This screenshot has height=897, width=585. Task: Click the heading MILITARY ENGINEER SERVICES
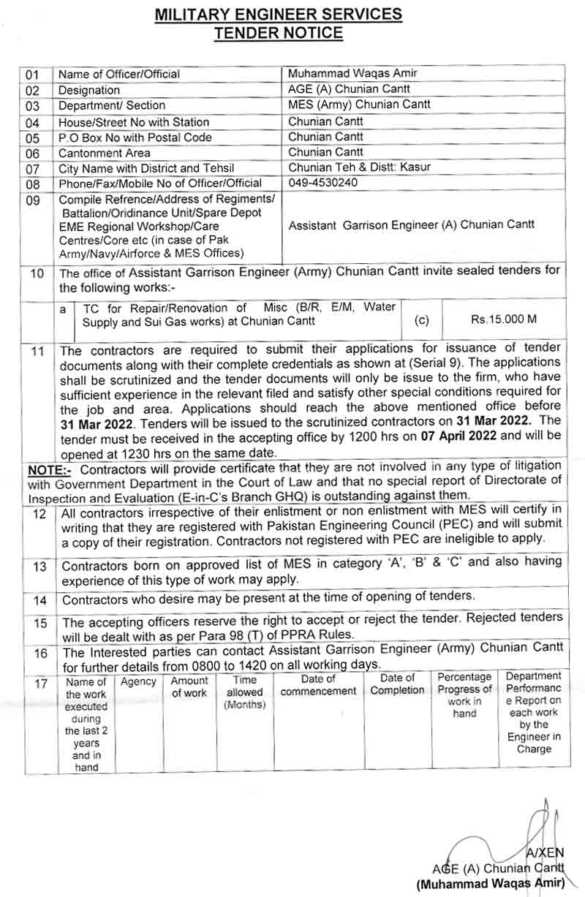279,14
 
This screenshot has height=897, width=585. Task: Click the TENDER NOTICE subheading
278,32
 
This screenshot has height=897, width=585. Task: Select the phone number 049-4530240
323,182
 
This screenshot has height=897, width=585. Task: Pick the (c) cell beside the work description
422,319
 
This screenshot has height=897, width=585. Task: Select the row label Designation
89,90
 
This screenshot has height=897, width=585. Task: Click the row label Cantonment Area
105,153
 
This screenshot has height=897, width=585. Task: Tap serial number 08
32,183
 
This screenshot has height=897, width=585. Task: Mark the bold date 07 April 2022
457,434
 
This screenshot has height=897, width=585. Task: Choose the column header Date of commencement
318,685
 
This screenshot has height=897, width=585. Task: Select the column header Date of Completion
397,684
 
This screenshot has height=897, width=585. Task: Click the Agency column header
138,681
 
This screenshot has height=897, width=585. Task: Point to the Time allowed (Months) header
245,692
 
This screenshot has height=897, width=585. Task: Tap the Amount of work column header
189,686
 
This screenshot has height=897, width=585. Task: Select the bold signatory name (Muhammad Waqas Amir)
491,884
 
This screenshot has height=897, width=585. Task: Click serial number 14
40,600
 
